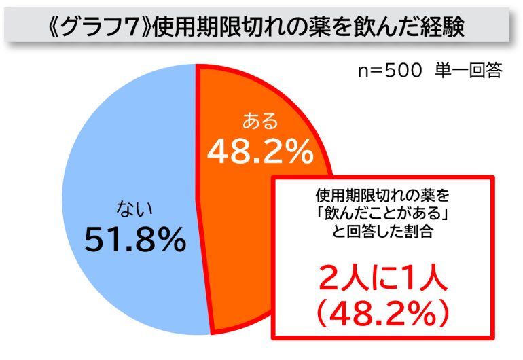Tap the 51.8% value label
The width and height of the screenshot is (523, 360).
tap(135, 239)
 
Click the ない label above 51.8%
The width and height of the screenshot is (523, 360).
tap(133, 207)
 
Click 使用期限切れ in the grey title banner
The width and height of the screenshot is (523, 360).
tap(203, 26)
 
